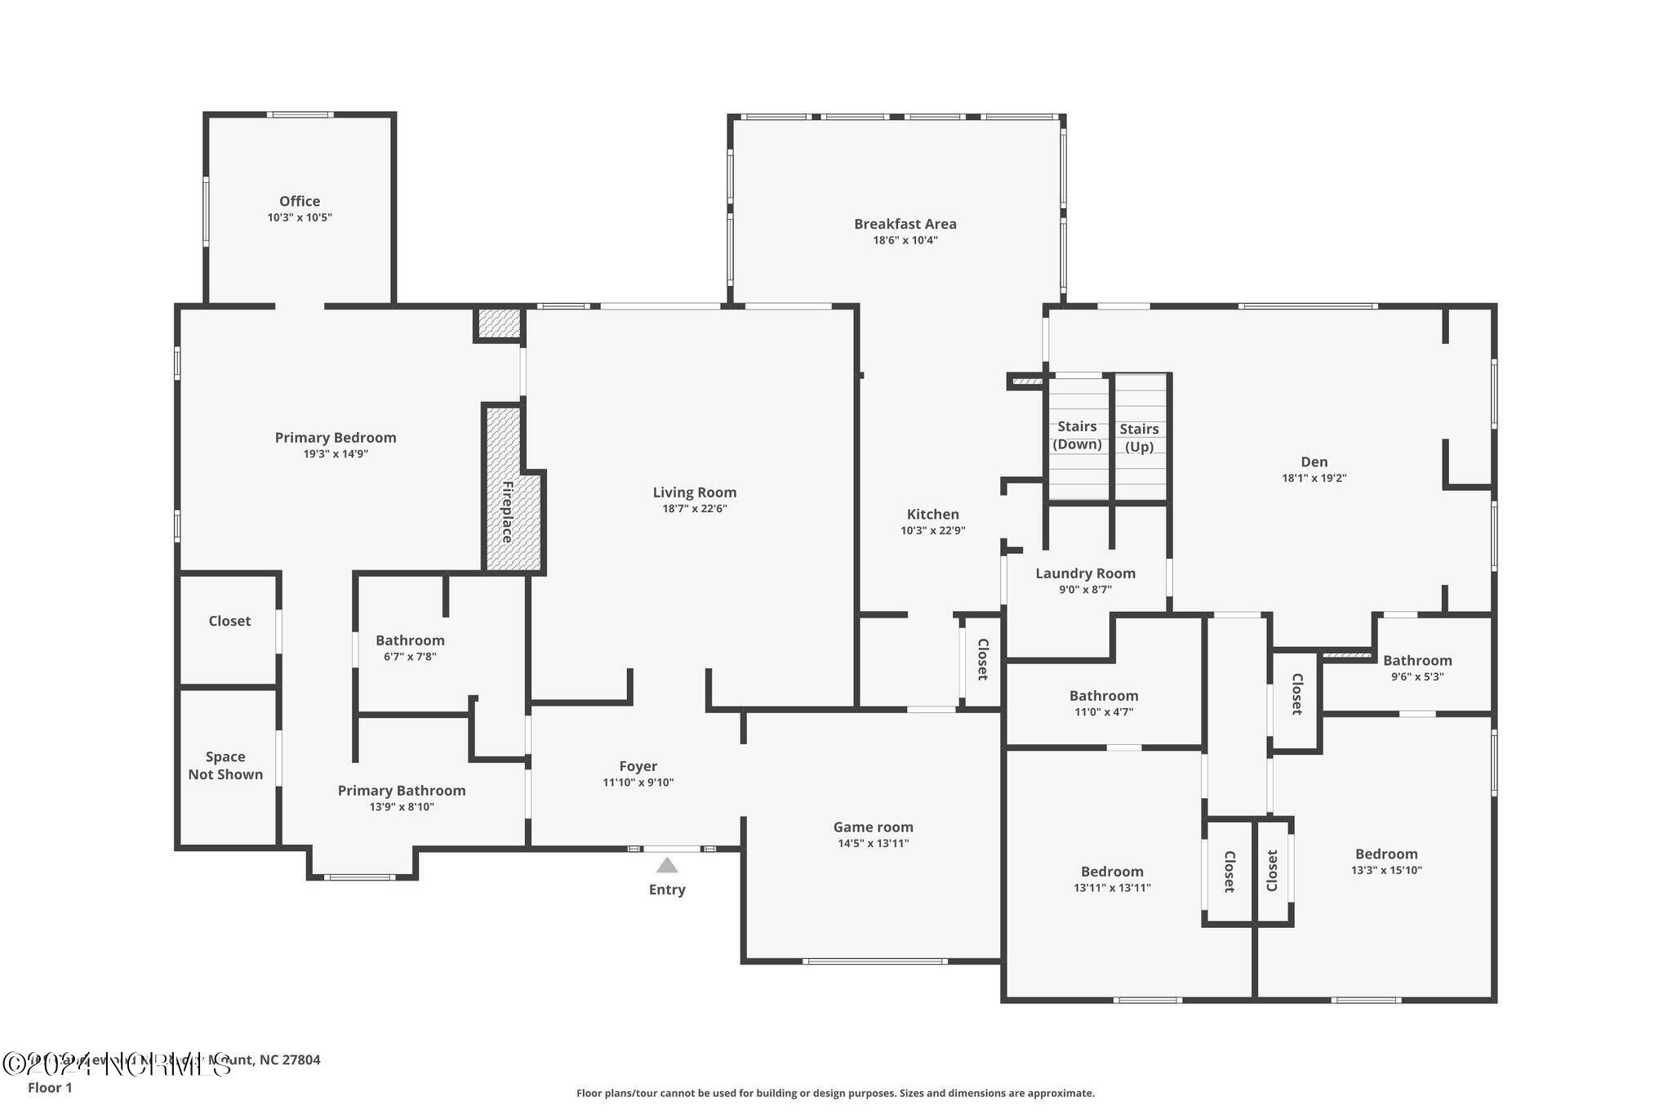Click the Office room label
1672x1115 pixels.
tap(300, 201)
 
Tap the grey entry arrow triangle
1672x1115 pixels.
tap(667, 865)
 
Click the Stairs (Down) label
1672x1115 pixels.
tap(1077, 435)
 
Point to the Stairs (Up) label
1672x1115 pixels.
tap(1139, 437)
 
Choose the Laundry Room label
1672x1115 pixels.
tap(1085, 573)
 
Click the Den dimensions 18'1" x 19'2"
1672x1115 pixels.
tap(1314, 479)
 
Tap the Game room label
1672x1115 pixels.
tap(873, 827)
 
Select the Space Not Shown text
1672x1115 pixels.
tap(225, 765)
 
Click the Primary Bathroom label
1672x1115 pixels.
tap(402, 791)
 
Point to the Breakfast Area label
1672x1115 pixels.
tap(905, 224)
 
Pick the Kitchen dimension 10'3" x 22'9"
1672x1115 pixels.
tap(932, 531)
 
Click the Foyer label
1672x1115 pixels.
tap(638, 766)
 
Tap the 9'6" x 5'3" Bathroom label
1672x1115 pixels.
tap(1416, 661)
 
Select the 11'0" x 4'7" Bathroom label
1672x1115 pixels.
tap(1103, 696)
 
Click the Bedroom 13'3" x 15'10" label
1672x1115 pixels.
tap(1385, 854)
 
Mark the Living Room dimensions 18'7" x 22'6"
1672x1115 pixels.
tap(694, 509)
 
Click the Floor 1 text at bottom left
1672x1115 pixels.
tap(50, 1088)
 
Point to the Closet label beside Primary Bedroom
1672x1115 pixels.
tap(229, 621)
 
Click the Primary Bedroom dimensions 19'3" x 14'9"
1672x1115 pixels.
tap(335, 454)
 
